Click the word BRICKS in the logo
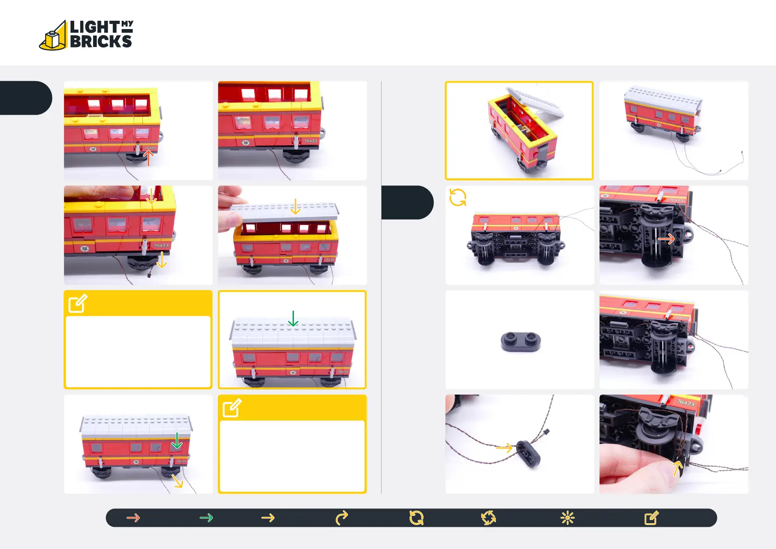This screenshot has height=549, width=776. (101, 41)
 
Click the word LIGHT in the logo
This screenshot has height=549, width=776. (94, 27)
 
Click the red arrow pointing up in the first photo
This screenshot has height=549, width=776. (148, 158)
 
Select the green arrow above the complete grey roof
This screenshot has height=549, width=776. (293, 318)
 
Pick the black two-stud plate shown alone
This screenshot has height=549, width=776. (520, 342)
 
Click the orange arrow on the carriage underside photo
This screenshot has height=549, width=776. (666, 239)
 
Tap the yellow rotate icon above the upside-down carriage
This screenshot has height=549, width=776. (458, 197)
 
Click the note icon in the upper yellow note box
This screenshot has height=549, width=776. (78, 303)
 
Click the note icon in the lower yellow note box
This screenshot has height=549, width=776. (232, 408)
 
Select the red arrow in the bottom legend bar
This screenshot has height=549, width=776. (133, 518)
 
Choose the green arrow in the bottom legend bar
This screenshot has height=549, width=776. (206, 518)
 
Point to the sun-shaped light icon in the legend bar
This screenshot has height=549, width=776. (567, 518)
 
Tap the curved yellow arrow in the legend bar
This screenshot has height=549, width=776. (341, 518)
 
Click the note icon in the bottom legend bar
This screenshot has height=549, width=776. (651, 518)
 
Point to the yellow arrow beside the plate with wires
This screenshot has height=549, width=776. (504, 448)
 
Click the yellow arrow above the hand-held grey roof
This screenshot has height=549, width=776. (295, 207)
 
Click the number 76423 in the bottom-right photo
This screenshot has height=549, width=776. (686, 403)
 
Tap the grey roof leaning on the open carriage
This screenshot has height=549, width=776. (537, 103)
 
